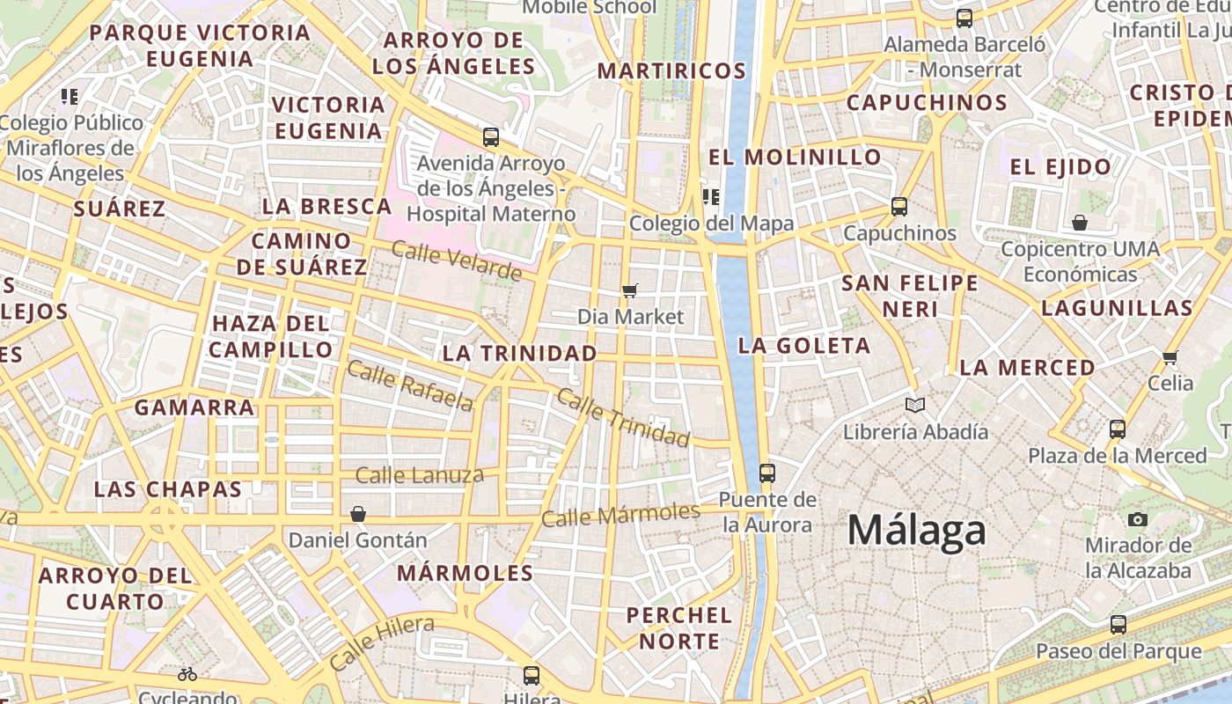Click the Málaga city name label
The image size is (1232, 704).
pos(916,531)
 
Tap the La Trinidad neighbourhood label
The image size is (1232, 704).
pos(519,354)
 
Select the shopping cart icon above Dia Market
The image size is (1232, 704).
pos(630,290)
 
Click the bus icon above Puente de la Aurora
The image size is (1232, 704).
pos(766,473)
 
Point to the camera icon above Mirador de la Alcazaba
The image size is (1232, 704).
pos(1138,519)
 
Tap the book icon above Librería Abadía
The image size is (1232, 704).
pos(915,406)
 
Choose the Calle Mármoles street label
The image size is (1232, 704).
pos(620,514)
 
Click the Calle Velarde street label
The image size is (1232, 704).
pos(456,261)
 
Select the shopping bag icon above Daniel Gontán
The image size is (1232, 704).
pos(358,514)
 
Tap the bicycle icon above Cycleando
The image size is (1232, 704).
pos(187,674)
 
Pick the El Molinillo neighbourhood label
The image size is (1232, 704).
pos(795,158)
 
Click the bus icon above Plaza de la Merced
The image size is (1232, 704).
pos(1118,429)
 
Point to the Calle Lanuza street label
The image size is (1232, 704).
pos(419,476)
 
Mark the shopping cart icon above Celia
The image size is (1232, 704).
pos(1170,357)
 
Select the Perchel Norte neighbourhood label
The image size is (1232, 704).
pos(678,628)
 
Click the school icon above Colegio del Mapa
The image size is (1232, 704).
pos(710,197)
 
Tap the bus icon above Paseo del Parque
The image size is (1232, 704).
pos(1118,625)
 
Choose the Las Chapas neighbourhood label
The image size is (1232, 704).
pos(167,490)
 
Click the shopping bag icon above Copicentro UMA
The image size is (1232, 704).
pos(1080,223)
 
